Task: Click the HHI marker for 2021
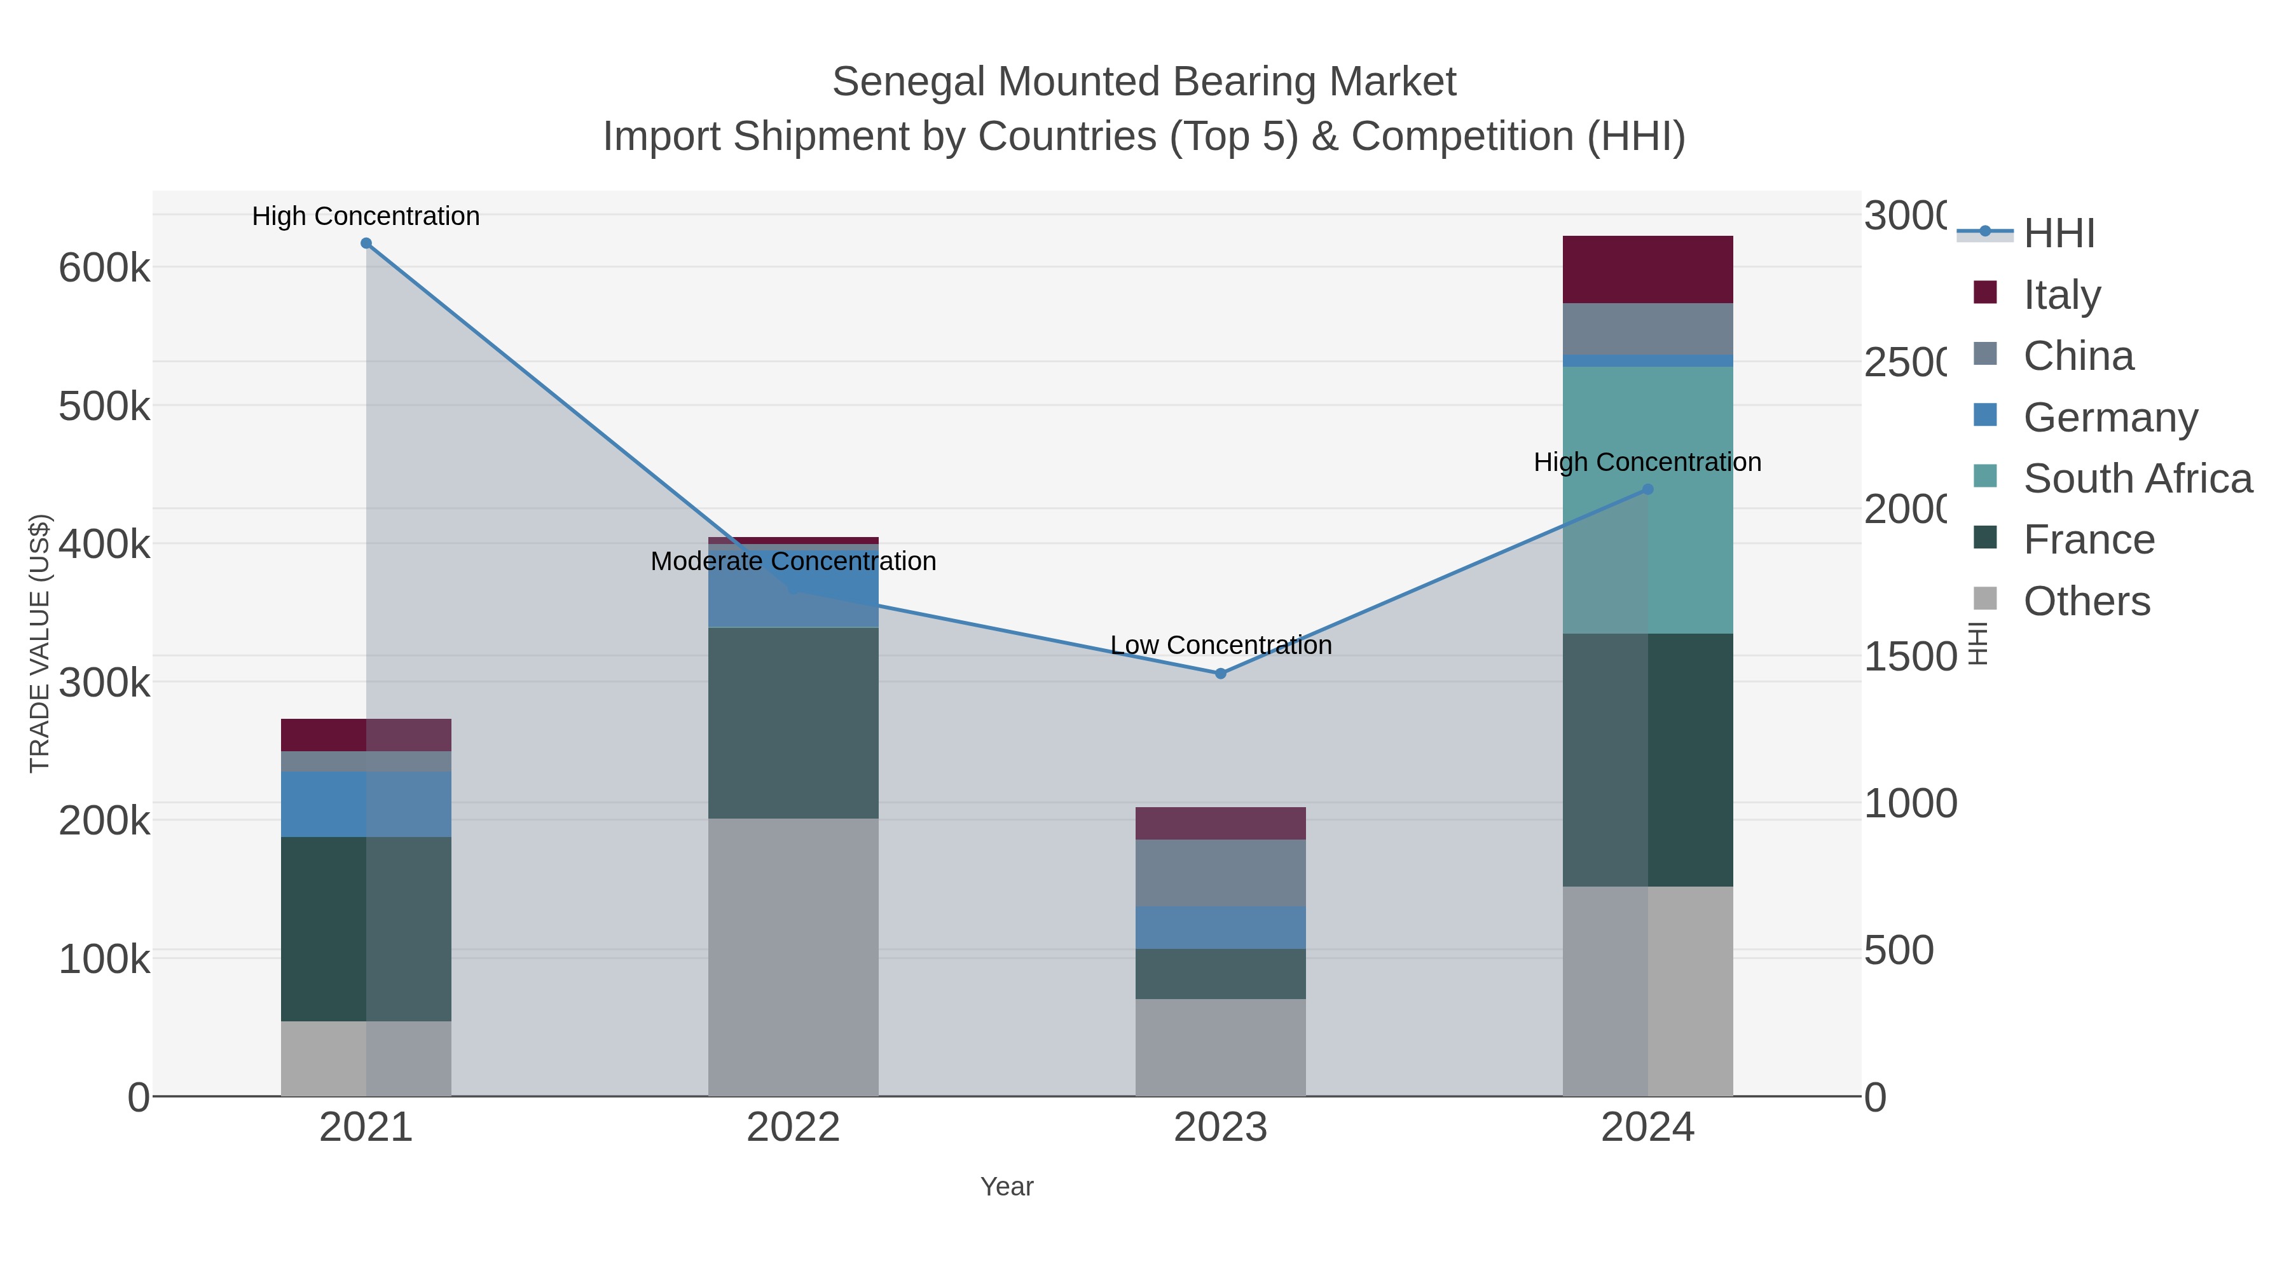coord(366,243)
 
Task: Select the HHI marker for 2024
coord(1647,489)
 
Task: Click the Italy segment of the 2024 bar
coord(1647,270)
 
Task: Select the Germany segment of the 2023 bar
coord(1220,927)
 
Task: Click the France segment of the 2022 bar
coord(793,723)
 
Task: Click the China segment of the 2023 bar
coord(1220,873)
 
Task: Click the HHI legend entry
coord(2059,234)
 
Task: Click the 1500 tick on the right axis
coord(1909,657)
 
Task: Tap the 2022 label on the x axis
coord(793,1128)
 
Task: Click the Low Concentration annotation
coord(1220,645)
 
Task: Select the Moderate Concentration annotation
coord(793,561)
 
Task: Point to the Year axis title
coord(1006,1187)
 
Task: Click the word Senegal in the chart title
coord(908,82)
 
